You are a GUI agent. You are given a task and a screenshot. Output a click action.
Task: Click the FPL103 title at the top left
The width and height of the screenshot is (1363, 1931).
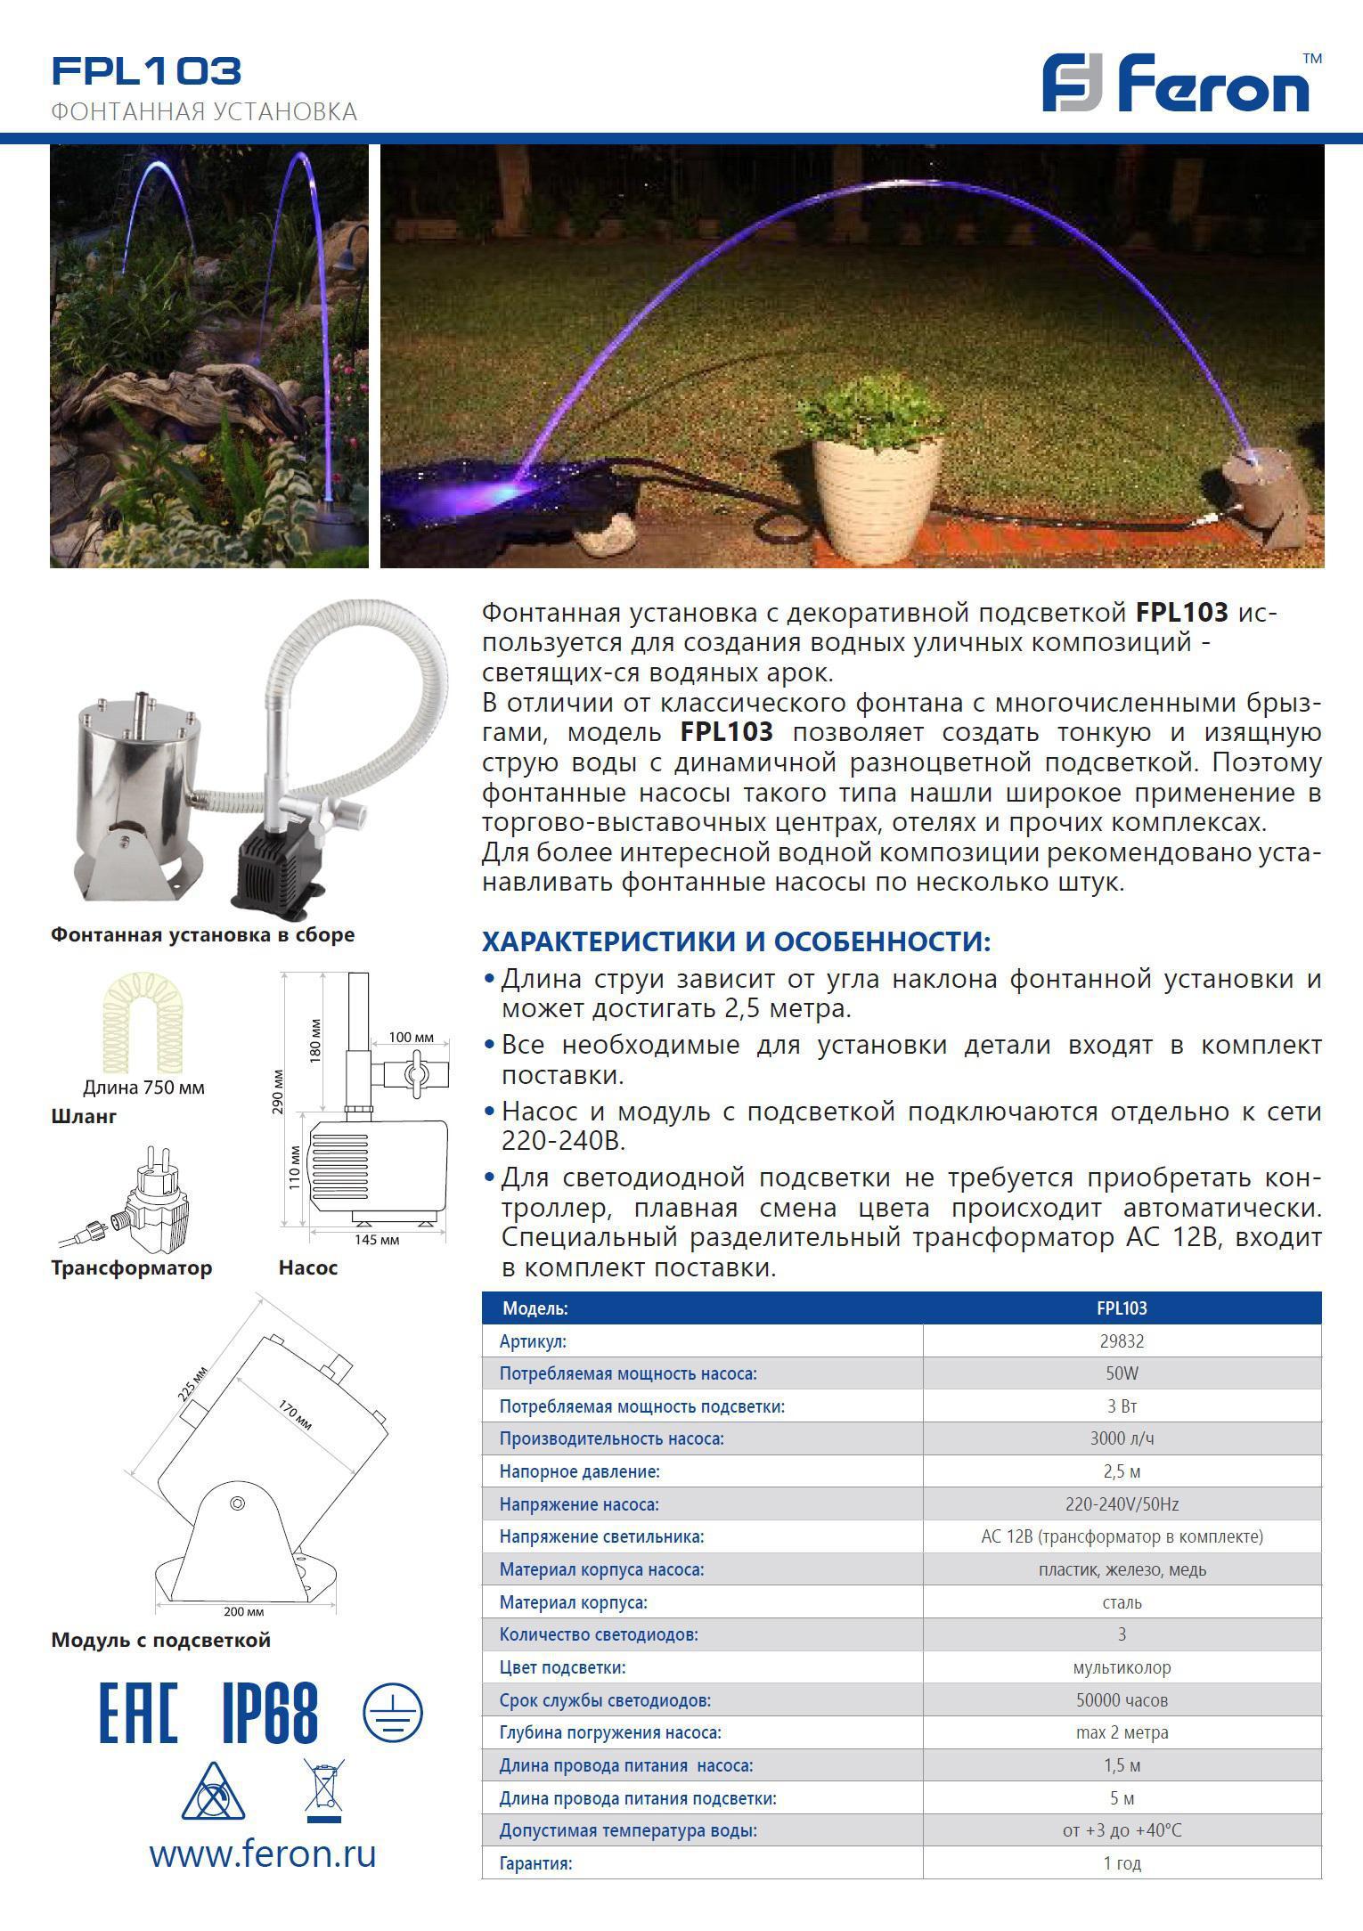coord(147,71)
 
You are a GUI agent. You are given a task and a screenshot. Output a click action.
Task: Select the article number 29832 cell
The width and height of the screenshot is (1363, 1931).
coord(1122,1340)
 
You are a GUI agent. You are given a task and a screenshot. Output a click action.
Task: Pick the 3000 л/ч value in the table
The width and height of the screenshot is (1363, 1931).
coord(1122,1438)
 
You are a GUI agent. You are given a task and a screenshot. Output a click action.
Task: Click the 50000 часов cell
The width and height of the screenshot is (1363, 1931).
coord(1122,1700)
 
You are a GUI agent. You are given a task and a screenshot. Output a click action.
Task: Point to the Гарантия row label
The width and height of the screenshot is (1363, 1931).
coord(535,1862)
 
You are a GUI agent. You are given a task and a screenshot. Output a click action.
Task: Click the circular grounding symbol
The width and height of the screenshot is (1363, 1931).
coord(393,1712)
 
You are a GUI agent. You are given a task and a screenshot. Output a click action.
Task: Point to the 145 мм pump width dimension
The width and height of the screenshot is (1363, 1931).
coord(377,1240)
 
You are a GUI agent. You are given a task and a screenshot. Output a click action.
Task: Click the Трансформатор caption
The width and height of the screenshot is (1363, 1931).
coord(132,1267)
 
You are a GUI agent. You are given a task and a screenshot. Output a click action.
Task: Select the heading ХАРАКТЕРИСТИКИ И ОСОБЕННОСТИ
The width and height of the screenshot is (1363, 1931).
coord(736,941)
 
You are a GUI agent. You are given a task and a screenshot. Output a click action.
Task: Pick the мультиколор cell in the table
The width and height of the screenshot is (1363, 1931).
coord(1122,1667)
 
